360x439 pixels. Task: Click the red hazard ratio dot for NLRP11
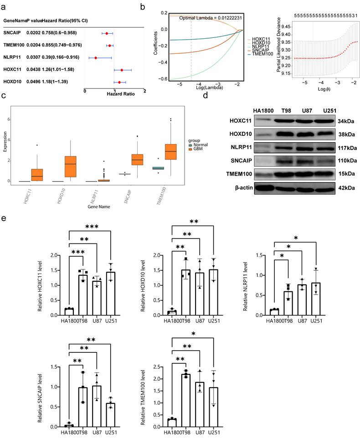[x=96, y=58]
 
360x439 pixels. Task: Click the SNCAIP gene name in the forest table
[x=12, y=33]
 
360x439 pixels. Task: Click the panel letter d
[x=206, y=96]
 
